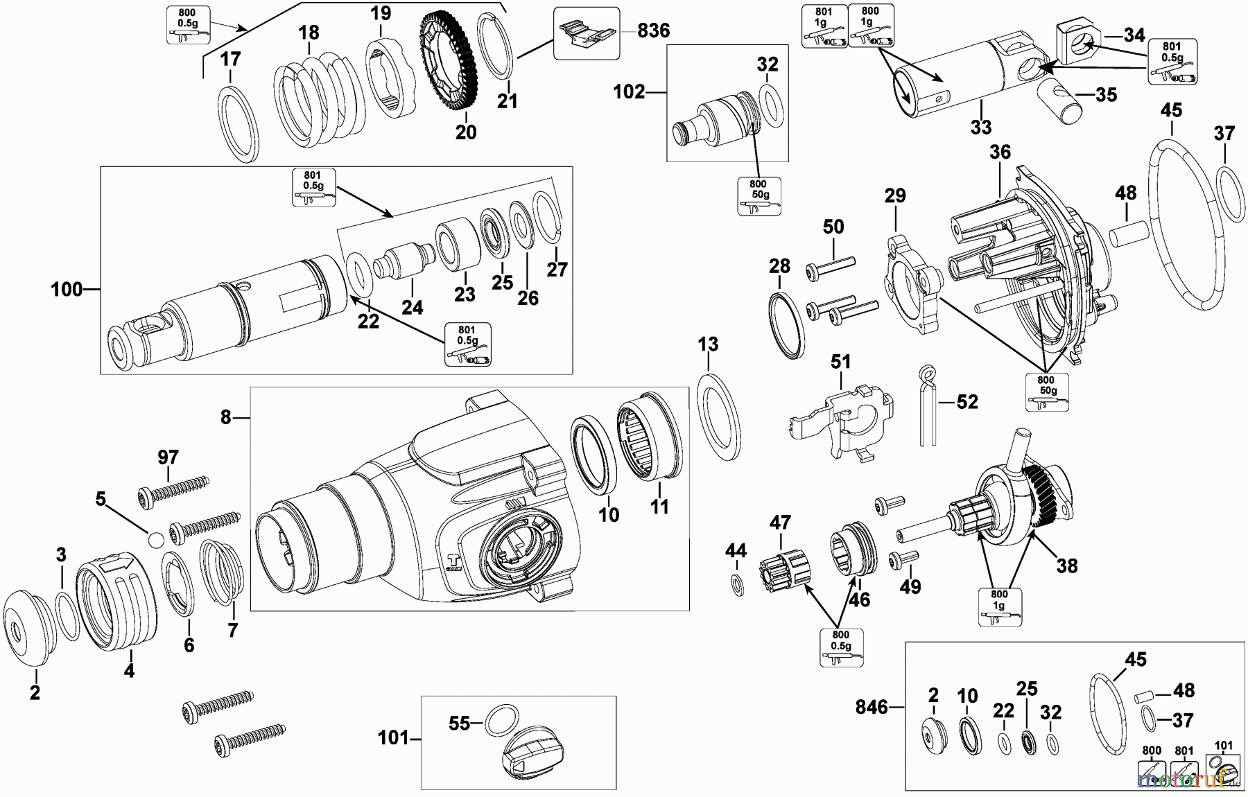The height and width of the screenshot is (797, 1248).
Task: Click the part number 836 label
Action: [653, 30]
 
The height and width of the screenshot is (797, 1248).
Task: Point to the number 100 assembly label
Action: [67, 290]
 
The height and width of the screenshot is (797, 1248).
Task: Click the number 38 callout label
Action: [1066, 566]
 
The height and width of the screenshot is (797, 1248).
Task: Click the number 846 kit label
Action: [871, 707]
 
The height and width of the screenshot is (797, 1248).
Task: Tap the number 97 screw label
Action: [168, 457]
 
